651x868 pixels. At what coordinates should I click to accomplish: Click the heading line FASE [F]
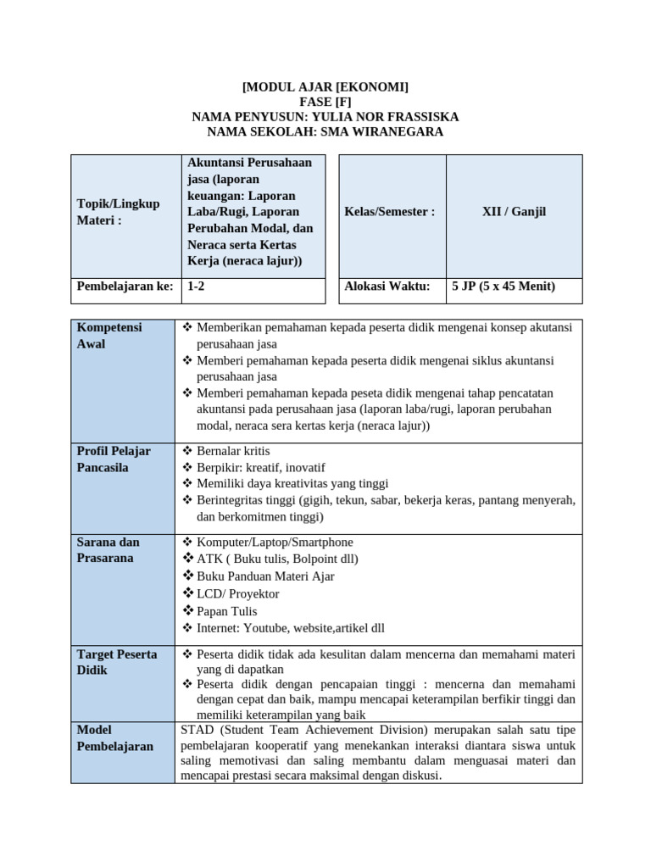pos(325,102)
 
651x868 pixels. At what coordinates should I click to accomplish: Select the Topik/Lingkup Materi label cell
pos(118,212)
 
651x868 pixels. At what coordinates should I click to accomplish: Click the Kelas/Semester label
pos(390,212)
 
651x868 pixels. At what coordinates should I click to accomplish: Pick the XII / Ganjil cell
pos(514,212)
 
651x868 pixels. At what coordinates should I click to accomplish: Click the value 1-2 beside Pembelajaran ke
pos(197,287)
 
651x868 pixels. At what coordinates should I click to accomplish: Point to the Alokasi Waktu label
pos(387,287)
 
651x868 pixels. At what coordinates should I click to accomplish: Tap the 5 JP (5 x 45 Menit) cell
pos(504,287)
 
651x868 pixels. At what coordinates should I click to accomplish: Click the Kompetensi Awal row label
pos(109,336)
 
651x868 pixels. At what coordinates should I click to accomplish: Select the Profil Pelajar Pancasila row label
pos(114,459)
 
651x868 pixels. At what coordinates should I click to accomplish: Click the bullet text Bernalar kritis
pos(233,451)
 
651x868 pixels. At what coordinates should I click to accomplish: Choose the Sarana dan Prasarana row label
pos(108,550)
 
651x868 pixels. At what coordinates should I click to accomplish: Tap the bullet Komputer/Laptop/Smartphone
pos(275,542)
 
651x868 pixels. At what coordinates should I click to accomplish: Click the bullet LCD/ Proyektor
pos(237,594)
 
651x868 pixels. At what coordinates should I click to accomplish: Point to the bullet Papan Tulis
pos(226,611)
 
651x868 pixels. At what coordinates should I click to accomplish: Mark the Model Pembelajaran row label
pos(115,738)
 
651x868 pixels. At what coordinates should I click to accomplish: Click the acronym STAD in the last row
pos(198,730)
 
